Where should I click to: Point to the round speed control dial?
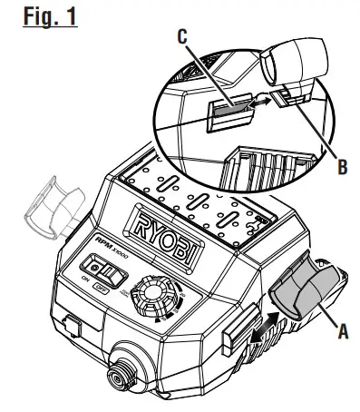point(151,299)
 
